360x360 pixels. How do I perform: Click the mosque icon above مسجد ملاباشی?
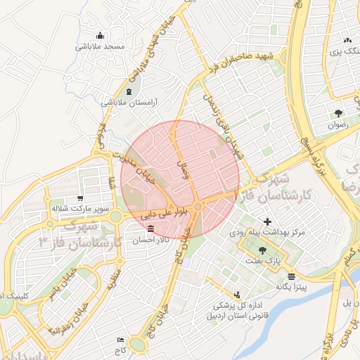coord(101,36)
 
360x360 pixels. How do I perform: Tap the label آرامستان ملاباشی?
coord(130,103)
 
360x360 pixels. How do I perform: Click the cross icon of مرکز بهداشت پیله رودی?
coord(266,223)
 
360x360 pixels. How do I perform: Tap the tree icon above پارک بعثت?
coord(263,250)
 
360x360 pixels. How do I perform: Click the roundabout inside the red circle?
coord(199,205)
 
